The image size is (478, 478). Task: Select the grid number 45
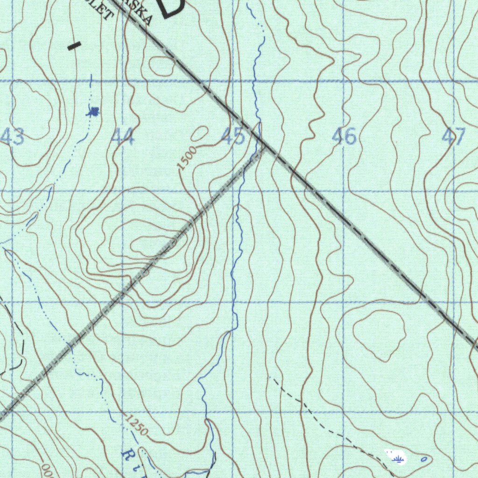pyautogui.click(x=233, y=137)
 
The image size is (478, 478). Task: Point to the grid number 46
pyautogui.click(x=344, y=137)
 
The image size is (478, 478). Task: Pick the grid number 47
pyautogui.click(x=454, y=137)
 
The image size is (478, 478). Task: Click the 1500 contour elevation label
pyautogui.click(x=187, y=158)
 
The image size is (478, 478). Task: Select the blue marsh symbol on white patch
pyautogui.click(x=398, y=459)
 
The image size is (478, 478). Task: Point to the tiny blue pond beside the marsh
pyautogui.click(x=423, y=459)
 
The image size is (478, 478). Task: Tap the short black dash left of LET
pyautogui.click(x=74, y=46)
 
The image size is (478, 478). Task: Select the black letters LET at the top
pyautogui.click(x=105, y=9)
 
